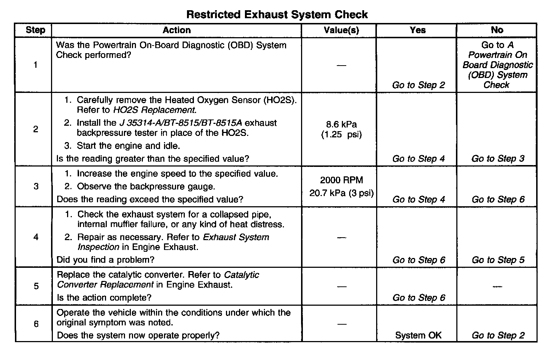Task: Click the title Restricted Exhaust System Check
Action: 277,15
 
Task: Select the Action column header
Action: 176,30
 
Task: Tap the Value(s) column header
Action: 341,30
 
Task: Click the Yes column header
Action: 417,30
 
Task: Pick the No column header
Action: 497,30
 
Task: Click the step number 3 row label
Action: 36,187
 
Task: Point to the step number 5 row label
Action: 36,286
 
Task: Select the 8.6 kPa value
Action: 341,125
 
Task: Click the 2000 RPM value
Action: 342,180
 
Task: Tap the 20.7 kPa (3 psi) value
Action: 342,193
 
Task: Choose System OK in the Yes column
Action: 418,335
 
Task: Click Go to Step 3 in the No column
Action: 498,159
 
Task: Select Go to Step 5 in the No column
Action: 498,260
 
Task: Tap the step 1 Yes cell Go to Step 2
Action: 418,85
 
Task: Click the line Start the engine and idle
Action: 128,146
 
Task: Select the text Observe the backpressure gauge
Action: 146,187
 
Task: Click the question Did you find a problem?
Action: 106,260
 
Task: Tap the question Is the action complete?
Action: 104,298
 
